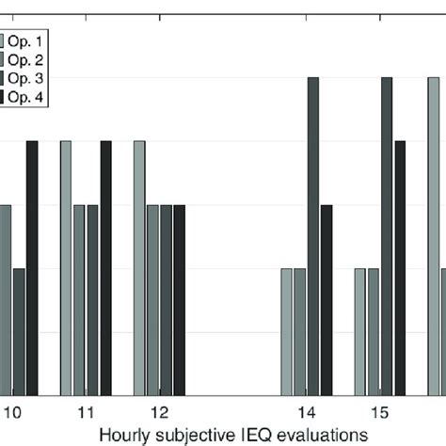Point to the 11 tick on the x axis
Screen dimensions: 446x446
point(86,412)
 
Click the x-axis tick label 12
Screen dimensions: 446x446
point(159,412)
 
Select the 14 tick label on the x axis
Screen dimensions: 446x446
point(306,412)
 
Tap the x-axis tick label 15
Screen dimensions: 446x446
point(379,412)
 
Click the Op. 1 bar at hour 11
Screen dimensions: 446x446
point(66,268)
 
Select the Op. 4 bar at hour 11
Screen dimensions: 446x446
point(105,268)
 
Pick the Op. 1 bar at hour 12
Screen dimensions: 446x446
point(139,268)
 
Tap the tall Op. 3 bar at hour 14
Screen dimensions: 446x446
point(313,235)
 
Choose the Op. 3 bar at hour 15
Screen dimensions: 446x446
point(387,235)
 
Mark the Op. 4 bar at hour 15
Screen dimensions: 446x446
point(400,268)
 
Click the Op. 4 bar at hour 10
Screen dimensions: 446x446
point(32,268)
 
